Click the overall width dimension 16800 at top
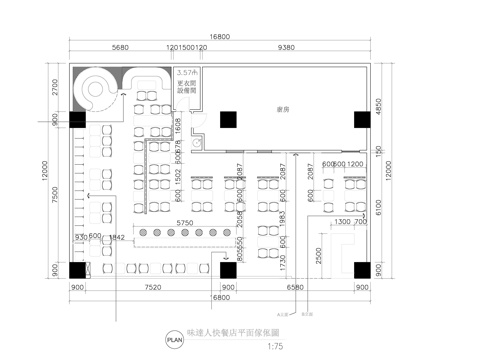tap(223, 35)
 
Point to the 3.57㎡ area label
tap(186, 73)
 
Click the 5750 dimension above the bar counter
tap(184, 222)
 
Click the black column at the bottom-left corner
tap(78, 270)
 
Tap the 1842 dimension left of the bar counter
tap(116, 236)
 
